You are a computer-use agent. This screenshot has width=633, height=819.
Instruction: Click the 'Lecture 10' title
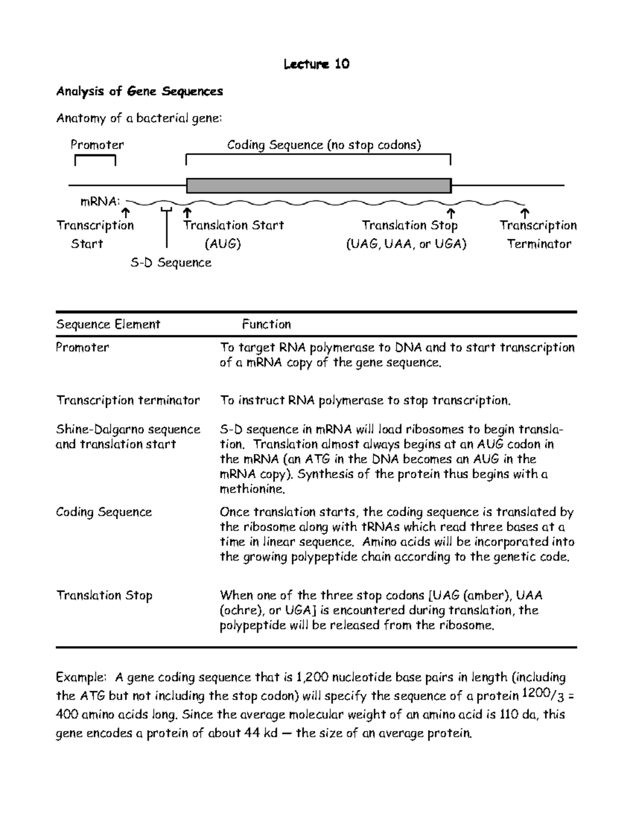pyautogui.click(x=316, y=64)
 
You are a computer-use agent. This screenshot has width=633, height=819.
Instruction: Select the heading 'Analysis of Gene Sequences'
pyautogui.click(x=139, y=92)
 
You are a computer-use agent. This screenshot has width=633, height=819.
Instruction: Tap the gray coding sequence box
pyautogui.click(x=319, y=186)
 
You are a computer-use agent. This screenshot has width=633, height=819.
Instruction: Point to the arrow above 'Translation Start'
pyautogui.click(x=187, y=214)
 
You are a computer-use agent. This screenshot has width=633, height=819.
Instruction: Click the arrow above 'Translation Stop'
pyautogui.click(x=451, y=214)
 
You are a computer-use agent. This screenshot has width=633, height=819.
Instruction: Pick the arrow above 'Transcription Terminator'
pyautogui.click(x=524, y=214)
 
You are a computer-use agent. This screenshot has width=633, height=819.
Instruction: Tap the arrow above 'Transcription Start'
pyautogui.click(x=126, y=214)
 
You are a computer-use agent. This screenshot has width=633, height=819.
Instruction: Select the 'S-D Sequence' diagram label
pyautogui.click(x=171, y=263)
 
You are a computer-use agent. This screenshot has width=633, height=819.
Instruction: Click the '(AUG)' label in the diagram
pyautogui.click(x=223, y=244)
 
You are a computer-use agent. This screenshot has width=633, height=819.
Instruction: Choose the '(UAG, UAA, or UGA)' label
pyautogui.click(x=406, y=244)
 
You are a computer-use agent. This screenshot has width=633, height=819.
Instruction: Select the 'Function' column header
pyautogui.click(x=266, y=324)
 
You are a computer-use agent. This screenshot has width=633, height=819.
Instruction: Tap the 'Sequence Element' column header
pyautogui.click(x=108, y=324)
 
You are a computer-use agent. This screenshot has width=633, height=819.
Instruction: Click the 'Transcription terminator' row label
pyautogui.click(x=128, y=401)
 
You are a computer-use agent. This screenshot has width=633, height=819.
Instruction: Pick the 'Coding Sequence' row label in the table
pyautogui.click(x=104, y=512)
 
